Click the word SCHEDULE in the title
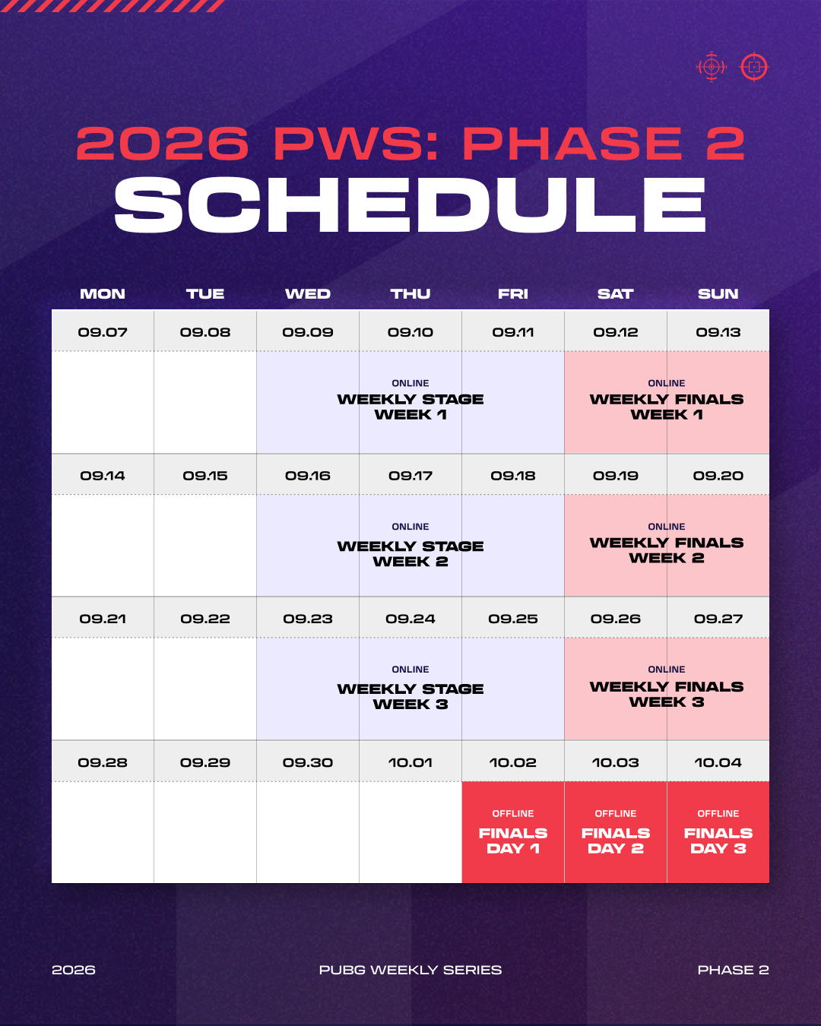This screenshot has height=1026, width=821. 410,205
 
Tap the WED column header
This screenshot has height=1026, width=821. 308,293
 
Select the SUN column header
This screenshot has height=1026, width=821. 718,293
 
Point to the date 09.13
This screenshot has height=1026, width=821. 718,332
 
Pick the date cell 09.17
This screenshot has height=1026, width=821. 410,475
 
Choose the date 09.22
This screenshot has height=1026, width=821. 205,619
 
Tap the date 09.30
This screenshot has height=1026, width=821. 308,762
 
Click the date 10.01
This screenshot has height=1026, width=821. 410,762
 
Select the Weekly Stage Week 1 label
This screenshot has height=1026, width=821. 410,407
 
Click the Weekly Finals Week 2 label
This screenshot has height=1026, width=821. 667,550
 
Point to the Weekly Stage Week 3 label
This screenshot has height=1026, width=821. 410,697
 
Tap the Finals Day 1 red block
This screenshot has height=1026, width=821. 513,832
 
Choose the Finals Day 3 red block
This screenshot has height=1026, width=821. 718,832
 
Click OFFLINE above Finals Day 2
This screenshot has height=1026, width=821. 616,813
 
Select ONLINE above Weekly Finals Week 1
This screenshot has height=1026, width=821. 667,383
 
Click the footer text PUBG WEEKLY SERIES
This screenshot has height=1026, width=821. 410,970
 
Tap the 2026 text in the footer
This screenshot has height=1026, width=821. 74,970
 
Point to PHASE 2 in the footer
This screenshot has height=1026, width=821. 734,970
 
